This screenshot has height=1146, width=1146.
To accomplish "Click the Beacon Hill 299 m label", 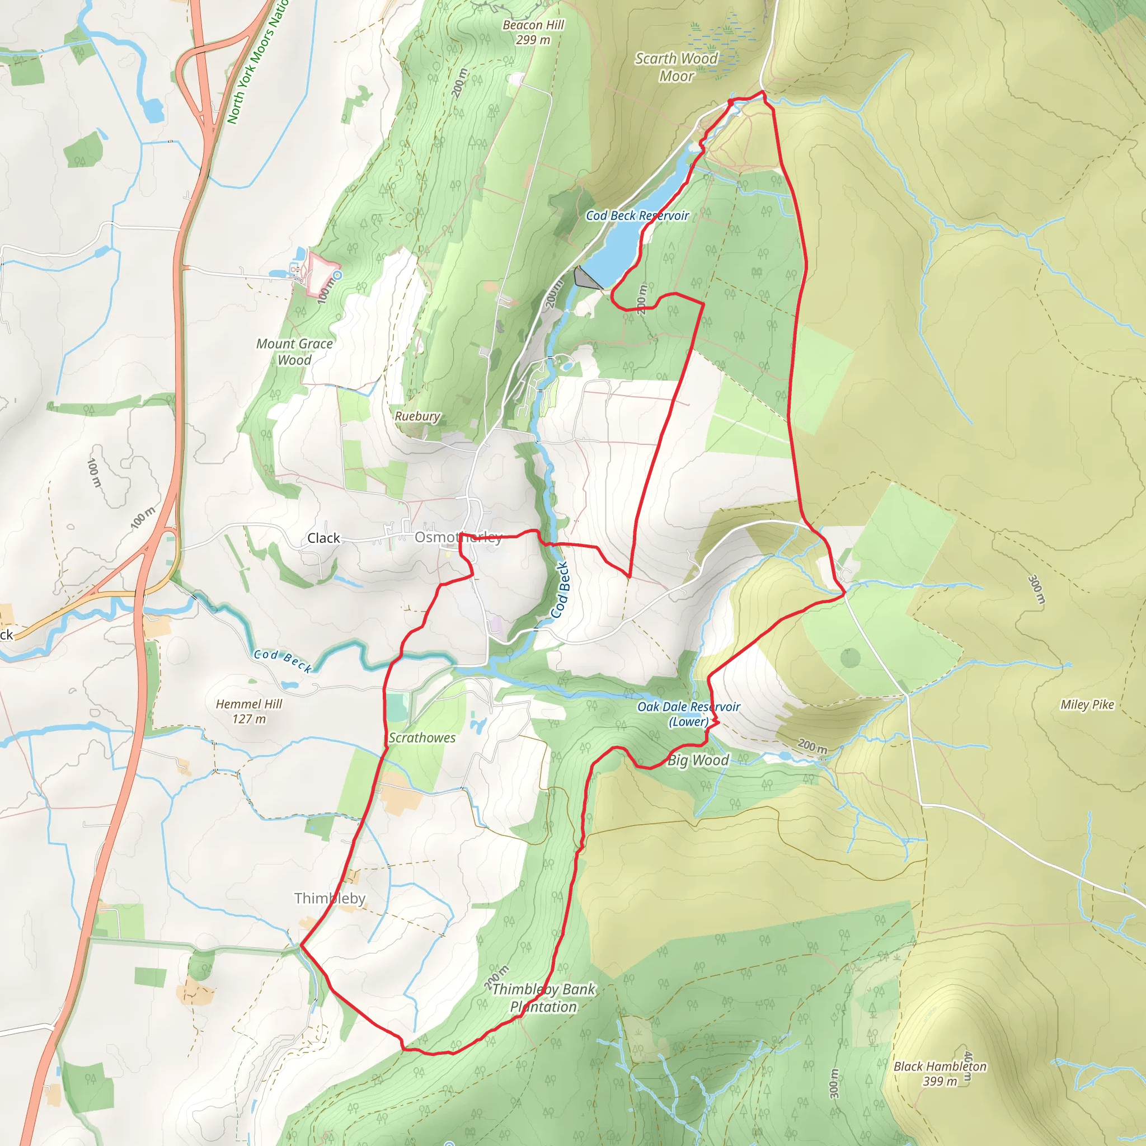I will [x=533, y=32].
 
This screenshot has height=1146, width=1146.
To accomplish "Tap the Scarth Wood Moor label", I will [x=676, y=67].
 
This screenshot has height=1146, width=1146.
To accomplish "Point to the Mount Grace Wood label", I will [x=294, y=352].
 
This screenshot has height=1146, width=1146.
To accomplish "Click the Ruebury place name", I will [x=417, y=416].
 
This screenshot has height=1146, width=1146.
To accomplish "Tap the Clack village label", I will [x=323, y=538].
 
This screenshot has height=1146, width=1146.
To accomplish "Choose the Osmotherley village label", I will [x=458, y=537].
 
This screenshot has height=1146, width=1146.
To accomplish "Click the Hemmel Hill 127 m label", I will [x=248, y=711].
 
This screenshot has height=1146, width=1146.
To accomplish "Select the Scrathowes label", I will [x=422, y=738].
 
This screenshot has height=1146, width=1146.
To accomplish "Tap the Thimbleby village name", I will [x=330, y=898].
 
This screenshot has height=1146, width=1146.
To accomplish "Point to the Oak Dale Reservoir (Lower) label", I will [x=689, y=714].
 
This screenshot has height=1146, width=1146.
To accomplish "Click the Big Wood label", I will [x=698, y=760].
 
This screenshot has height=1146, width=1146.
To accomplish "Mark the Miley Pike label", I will [x=1087, y=704].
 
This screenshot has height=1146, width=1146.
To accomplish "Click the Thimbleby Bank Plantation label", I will [x=543, y=998].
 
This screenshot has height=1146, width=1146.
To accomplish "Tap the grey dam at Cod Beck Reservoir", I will [x=585, y=278].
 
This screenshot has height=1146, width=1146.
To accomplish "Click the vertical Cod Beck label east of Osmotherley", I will [x=560, y=590].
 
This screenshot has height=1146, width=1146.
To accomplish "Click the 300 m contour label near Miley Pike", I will [x=1036, y=589].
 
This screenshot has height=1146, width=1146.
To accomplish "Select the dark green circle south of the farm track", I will [x=851, y=657].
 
